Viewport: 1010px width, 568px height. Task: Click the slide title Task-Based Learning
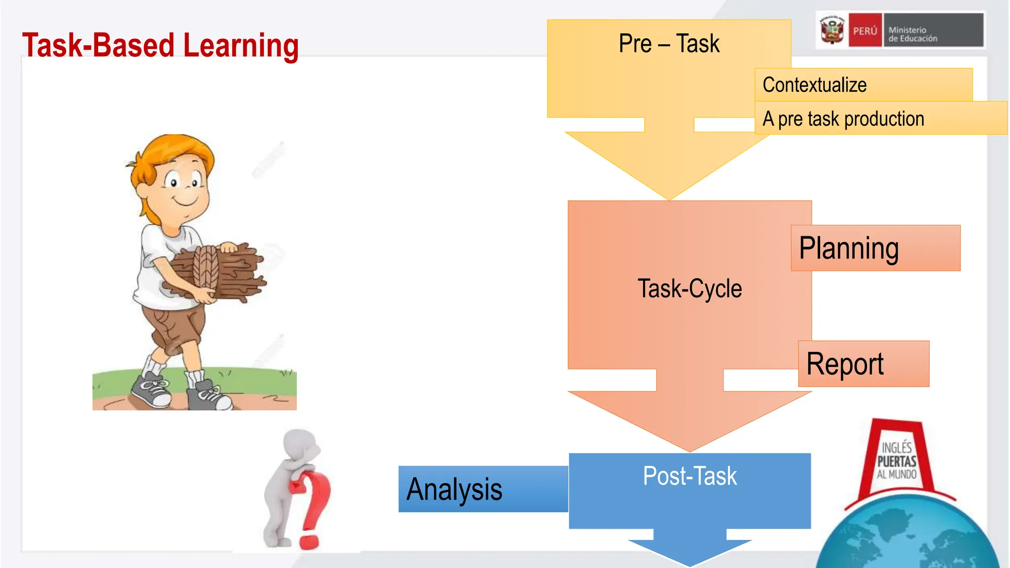160,45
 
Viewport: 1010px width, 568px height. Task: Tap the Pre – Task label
669,43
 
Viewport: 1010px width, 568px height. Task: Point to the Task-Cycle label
689,288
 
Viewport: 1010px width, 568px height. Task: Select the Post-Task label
689,476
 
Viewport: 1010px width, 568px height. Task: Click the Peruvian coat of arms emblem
832,30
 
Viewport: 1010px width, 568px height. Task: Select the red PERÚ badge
865,31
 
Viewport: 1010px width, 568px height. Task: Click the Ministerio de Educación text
912,34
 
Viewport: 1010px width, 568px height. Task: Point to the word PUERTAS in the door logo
897,461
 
